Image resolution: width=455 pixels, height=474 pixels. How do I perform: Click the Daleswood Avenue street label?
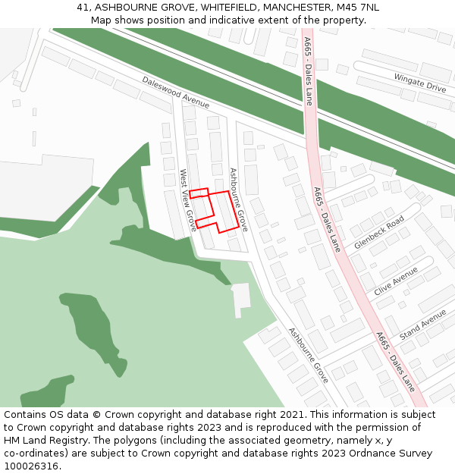point(175,92)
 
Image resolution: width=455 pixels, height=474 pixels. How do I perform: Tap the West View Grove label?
point(187,200)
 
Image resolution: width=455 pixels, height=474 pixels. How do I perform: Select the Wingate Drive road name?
point(419,83)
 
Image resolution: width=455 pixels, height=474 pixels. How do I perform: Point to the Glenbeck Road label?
point(379,233)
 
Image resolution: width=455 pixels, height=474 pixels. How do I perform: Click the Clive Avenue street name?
point(397,281)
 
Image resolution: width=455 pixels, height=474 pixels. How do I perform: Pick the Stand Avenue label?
point(423,324)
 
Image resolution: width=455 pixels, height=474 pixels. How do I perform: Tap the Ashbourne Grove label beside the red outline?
point(239,199)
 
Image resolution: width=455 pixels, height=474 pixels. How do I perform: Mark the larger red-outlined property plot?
point(220,211)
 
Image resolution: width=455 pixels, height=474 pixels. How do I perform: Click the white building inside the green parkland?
point(241,297)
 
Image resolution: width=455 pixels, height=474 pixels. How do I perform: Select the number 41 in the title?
point(83,8)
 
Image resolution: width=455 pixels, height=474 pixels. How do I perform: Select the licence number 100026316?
point(32,466)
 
